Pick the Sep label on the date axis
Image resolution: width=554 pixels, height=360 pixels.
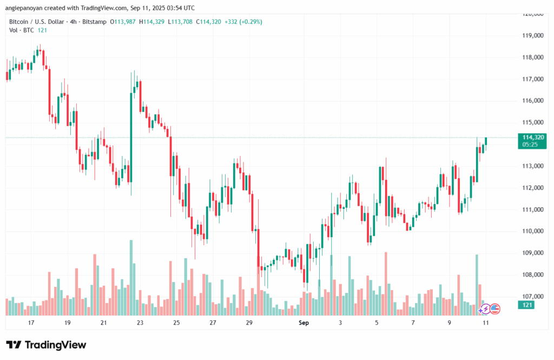(x=304, y=323)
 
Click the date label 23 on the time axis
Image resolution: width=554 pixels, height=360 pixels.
(x=140, y=323)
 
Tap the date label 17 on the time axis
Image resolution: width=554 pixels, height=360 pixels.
(x=31, y=323)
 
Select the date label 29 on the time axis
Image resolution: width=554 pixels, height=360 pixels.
(x=249, y=323)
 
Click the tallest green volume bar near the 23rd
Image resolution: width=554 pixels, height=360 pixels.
(x=131, y=277)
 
